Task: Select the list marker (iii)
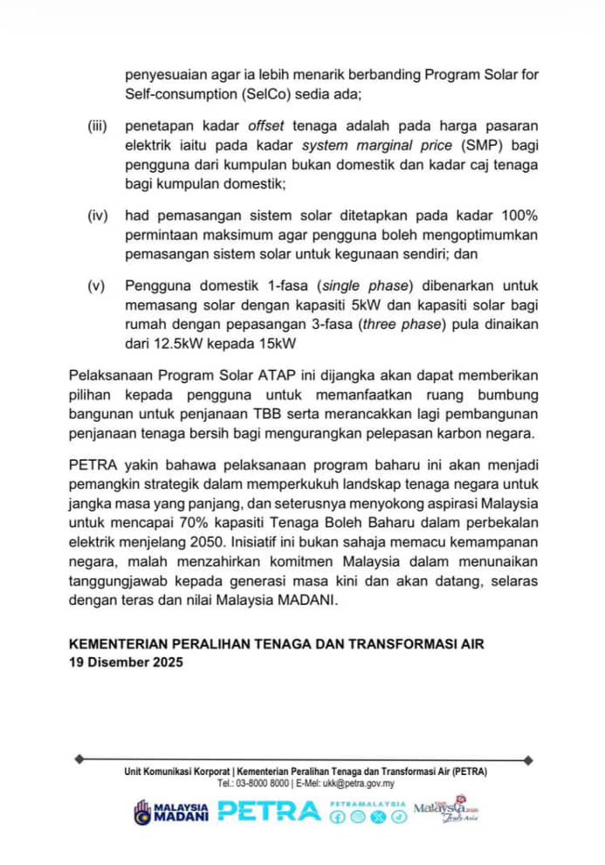[98, 126]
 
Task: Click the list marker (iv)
[98, 215]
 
